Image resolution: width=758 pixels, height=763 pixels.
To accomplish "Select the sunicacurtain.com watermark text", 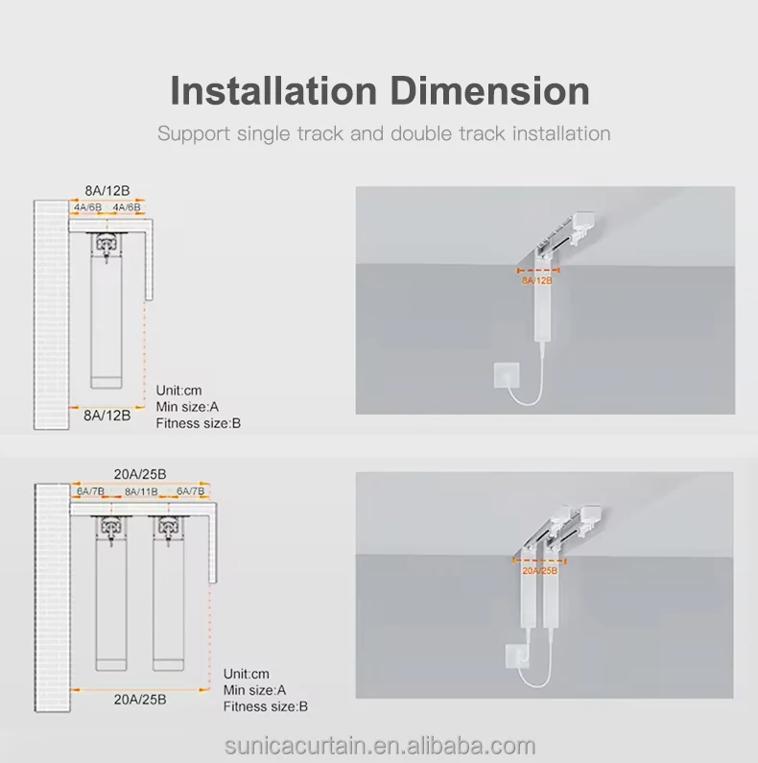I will coord(380,746).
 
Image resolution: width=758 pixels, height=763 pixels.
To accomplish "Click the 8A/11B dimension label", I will coord(141,491).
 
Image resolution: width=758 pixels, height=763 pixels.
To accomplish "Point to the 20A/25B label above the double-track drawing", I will coord(141,473).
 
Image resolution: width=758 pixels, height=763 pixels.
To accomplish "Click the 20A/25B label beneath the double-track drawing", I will coord(141,700).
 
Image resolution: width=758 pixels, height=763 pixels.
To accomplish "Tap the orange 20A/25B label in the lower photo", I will coord(538,571).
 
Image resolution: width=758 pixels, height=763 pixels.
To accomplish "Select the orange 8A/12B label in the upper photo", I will coord(536,280).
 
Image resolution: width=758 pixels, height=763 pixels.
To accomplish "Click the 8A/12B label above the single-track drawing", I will coord(107,190).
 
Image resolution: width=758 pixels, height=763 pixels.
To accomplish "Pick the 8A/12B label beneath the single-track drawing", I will coord(107,415).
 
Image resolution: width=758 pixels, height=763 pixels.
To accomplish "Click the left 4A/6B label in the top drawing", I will coord(87,207).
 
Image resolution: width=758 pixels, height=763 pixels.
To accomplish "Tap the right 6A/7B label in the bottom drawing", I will coord(191,491).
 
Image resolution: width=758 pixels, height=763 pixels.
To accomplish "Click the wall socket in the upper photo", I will coord(504,374).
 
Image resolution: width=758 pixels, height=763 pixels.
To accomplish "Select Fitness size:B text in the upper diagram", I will coord(199,423).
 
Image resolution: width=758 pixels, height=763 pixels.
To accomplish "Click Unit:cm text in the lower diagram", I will coord(246,673).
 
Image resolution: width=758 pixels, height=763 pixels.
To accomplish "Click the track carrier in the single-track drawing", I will coord(107,245).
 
